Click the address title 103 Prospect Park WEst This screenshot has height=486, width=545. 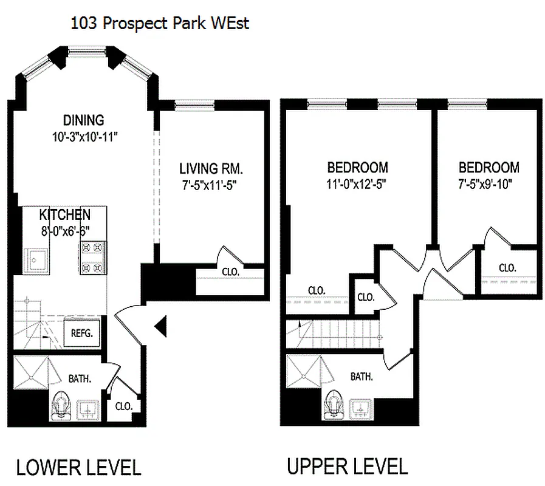pos(160,24)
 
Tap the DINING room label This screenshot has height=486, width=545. pos(84,120)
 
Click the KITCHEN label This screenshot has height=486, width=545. pos(65,214)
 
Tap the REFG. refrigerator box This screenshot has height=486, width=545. pos(81,333)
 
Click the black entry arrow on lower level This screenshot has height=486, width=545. pos(161,327)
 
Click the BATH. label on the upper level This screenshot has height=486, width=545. pos(362,377)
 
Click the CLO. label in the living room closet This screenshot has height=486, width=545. pos(230,271)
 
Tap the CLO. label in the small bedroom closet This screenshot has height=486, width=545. pos(507,267)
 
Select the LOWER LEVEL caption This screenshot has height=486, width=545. pos(78,468)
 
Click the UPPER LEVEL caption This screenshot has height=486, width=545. pos(347,467)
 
